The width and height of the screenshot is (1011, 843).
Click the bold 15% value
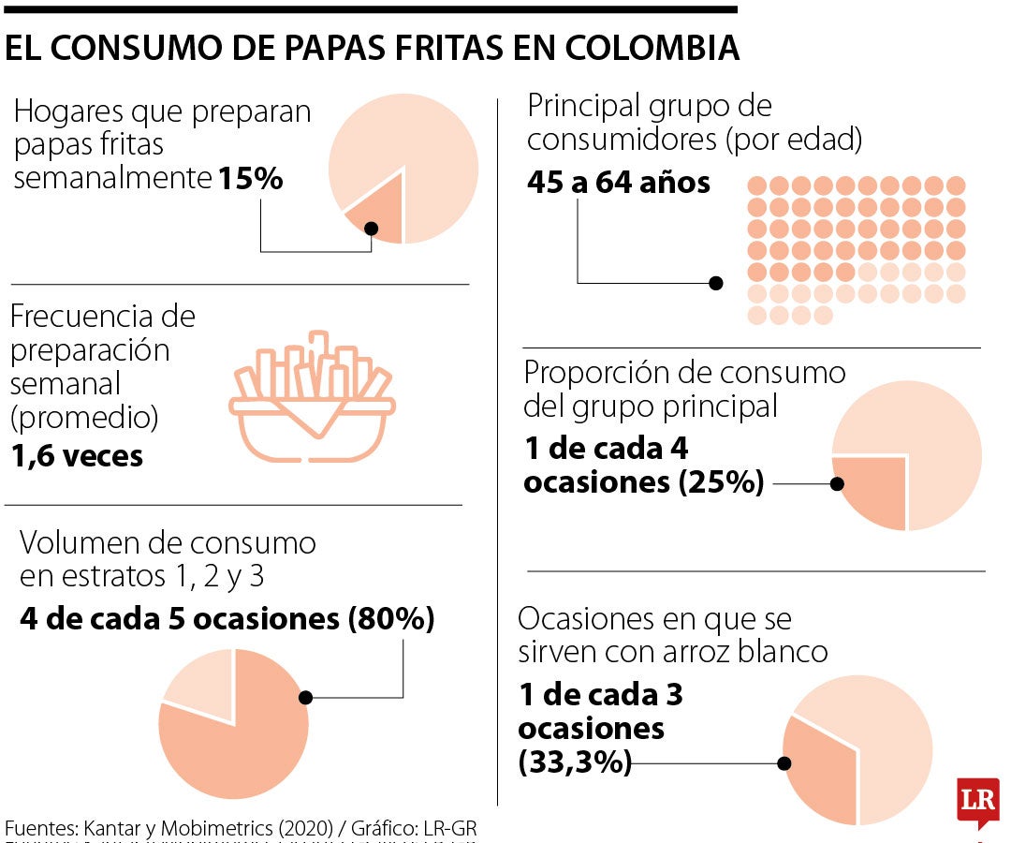[x=250, y=178]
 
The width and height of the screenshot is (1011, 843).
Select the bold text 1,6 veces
[x=77, y=456]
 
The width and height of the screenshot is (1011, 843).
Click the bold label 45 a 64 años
[x=618, y=182]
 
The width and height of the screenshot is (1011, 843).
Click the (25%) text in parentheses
[x=722, y=482]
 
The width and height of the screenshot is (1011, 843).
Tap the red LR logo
[x=977, y=802]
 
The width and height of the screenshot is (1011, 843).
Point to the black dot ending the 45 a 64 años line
[x=716, y=282]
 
